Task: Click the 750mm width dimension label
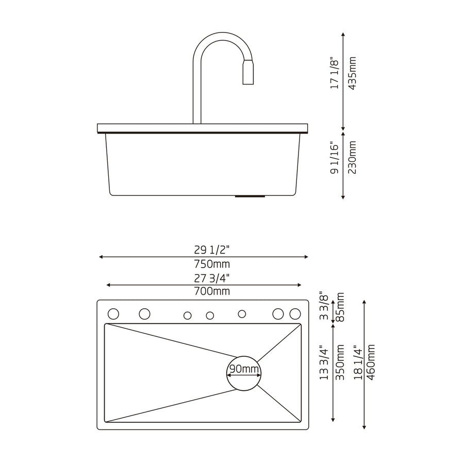pos(205,264)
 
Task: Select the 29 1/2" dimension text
pos(205,250)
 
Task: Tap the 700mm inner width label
pos(205,292)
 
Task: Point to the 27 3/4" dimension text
pos(205,278)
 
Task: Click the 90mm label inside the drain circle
pos(244,369)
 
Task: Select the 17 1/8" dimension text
pos(335,73)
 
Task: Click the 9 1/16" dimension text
pos(335,159)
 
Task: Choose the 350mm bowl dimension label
pos(340,362)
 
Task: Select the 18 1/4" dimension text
pos(358,362)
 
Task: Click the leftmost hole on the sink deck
pos(113,314)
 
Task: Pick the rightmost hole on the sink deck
pos(295,313)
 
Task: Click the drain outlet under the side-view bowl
pos(250,196)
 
